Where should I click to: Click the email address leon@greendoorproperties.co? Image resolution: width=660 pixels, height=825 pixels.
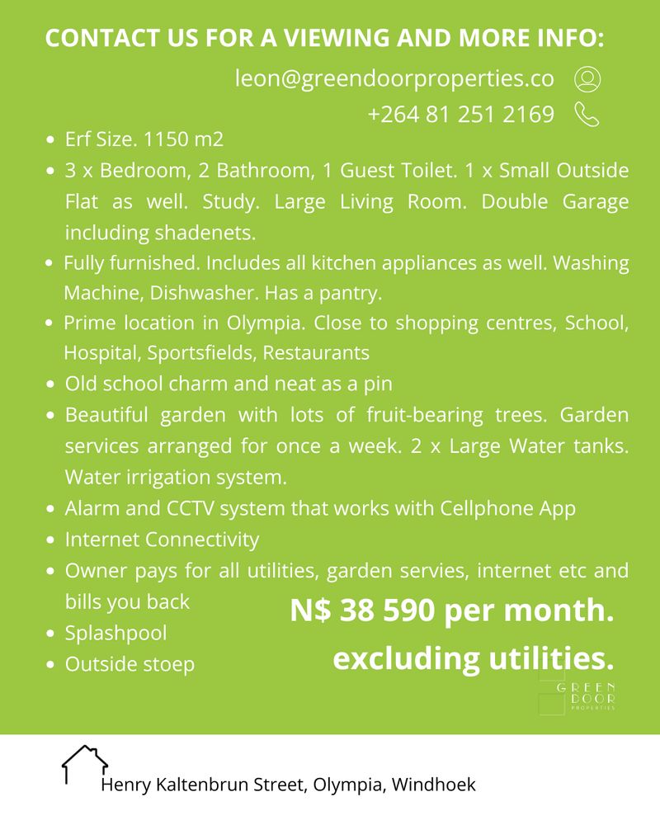394,79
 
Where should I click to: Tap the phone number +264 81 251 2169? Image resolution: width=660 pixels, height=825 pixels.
461,114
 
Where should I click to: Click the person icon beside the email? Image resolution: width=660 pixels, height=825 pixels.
587,79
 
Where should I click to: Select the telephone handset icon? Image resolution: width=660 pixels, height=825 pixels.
586,114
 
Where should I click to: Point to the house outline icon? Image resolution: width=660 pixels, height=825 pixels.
85,763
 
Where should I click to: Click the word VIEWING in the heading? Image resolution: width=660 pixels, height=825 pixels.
306,39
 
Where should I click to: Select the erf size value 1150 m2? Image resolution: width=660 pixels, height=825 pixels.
183,139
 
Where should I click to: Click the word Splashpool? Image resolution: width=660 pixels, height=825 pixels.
115,633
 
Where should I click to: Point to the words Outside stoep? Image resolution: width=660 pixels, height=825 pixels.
130,663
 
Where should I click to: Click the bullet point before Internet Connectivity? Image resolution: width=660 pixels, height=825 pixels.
51,540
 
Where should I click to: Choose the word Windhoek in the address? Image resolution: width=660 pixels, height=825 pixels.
434,784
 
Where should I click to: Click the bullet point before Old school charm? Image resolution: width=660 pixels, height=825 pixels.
51,384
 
